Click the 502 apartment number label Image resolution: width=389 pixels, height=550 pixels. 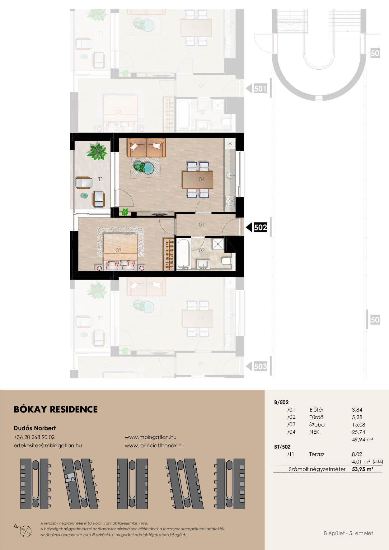[x=260, y=227]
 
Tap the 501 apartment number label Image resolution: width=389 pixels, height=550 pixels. [x=260, y=89]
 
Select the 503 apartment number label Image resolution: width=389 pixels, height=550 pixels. [x=260, y=366]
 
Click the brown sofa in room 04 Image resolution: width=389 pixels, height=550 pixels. [x=146, y=148]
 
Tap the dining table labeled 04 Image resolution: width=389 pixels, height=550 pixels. [x=198, y=180]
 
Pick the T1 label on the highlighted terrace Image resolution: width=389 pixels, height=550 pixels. [x=101, y=179]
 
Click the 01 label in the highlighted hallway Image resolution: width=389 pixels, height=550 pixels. [x=201, y=225]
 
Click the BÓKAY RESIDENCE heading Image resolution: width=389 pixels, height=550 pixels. [x=56, y=409]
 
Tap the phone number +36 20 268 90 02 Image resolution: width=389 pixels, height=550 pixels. [x=34, y=437]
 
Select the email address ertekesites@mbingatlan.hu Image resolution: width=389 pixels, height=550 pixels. [x=48, y=445]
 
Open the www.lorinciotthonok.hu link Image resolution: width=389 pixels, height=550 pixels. [x=155, y=445]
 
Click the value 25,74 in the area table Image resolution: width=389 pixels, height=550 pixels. [x=359, y=432]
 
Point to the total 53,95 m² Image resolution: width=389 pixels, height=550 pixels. [x=363, y=469]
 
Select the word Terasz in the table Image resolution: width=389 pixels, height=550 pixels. [x=317, y=454]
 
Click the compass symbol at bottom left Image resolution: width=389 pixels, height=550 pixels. [x=25, y=530]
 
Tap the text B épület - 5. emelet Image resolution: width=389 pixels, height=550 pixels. [x=349, y=533]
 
